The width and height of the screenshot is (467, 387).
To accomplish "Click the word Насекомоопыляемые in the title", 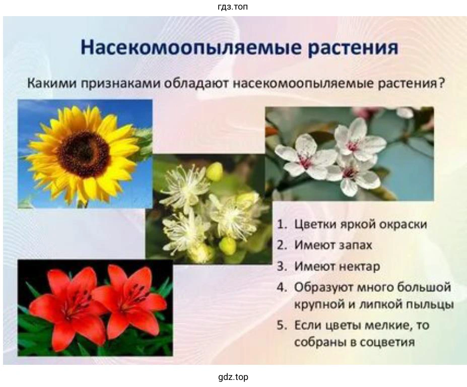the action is (190, 48).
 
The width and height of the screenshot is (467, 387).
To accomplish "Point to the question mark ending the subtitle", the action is (441, 83).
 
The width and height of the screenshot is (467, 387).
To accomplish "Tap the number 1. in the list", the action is (282, 224).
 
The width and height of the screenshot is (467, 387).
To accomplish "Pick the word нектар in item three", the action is (359, 267).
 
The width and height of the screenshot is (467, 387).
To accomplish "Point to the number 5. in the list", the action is (282, 325).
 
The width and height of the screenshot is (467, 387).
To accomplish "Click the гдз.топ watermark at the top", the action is (233, 7).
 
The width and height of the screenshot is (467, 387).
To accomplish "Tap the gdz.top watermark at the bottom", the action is (233, 377).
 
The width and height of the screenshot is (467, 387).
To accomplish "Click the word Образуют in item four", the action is (323, 288).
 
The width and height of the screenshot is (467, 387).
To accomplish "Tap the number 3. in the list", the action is (282, 267).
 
